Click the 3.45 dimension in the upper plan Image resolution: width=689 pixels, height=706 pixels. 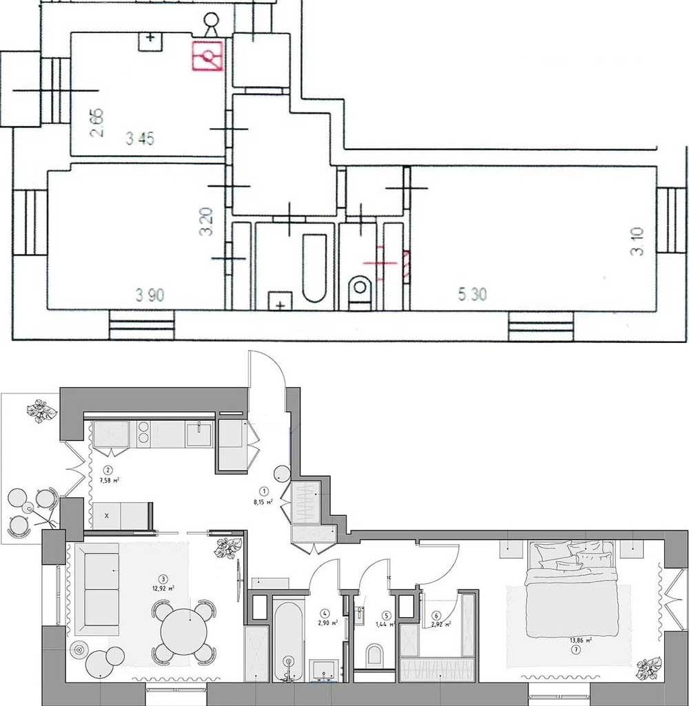pyautogui.click(x=140, y=139)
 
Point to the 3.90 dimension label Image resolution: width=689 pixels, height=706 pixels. pyautogui.click(x=150, y=296)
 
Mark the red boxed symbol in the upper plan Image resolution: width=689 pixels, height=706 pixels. pyautogui.click(x=207, y=56)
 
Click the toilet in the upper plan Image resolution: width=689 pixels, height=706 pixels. pyautogui.click(x=360, y=289)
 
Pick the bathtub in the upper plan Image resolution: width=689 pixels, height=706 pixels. pyautogui.click(x=314, y=269)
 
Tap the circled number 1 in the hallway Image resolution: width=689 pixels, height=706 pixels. pyautogui.click(x=264, y=491)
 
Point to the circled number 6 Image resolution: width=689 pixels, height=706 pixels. pyautogui.click(x=436, y=615)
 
